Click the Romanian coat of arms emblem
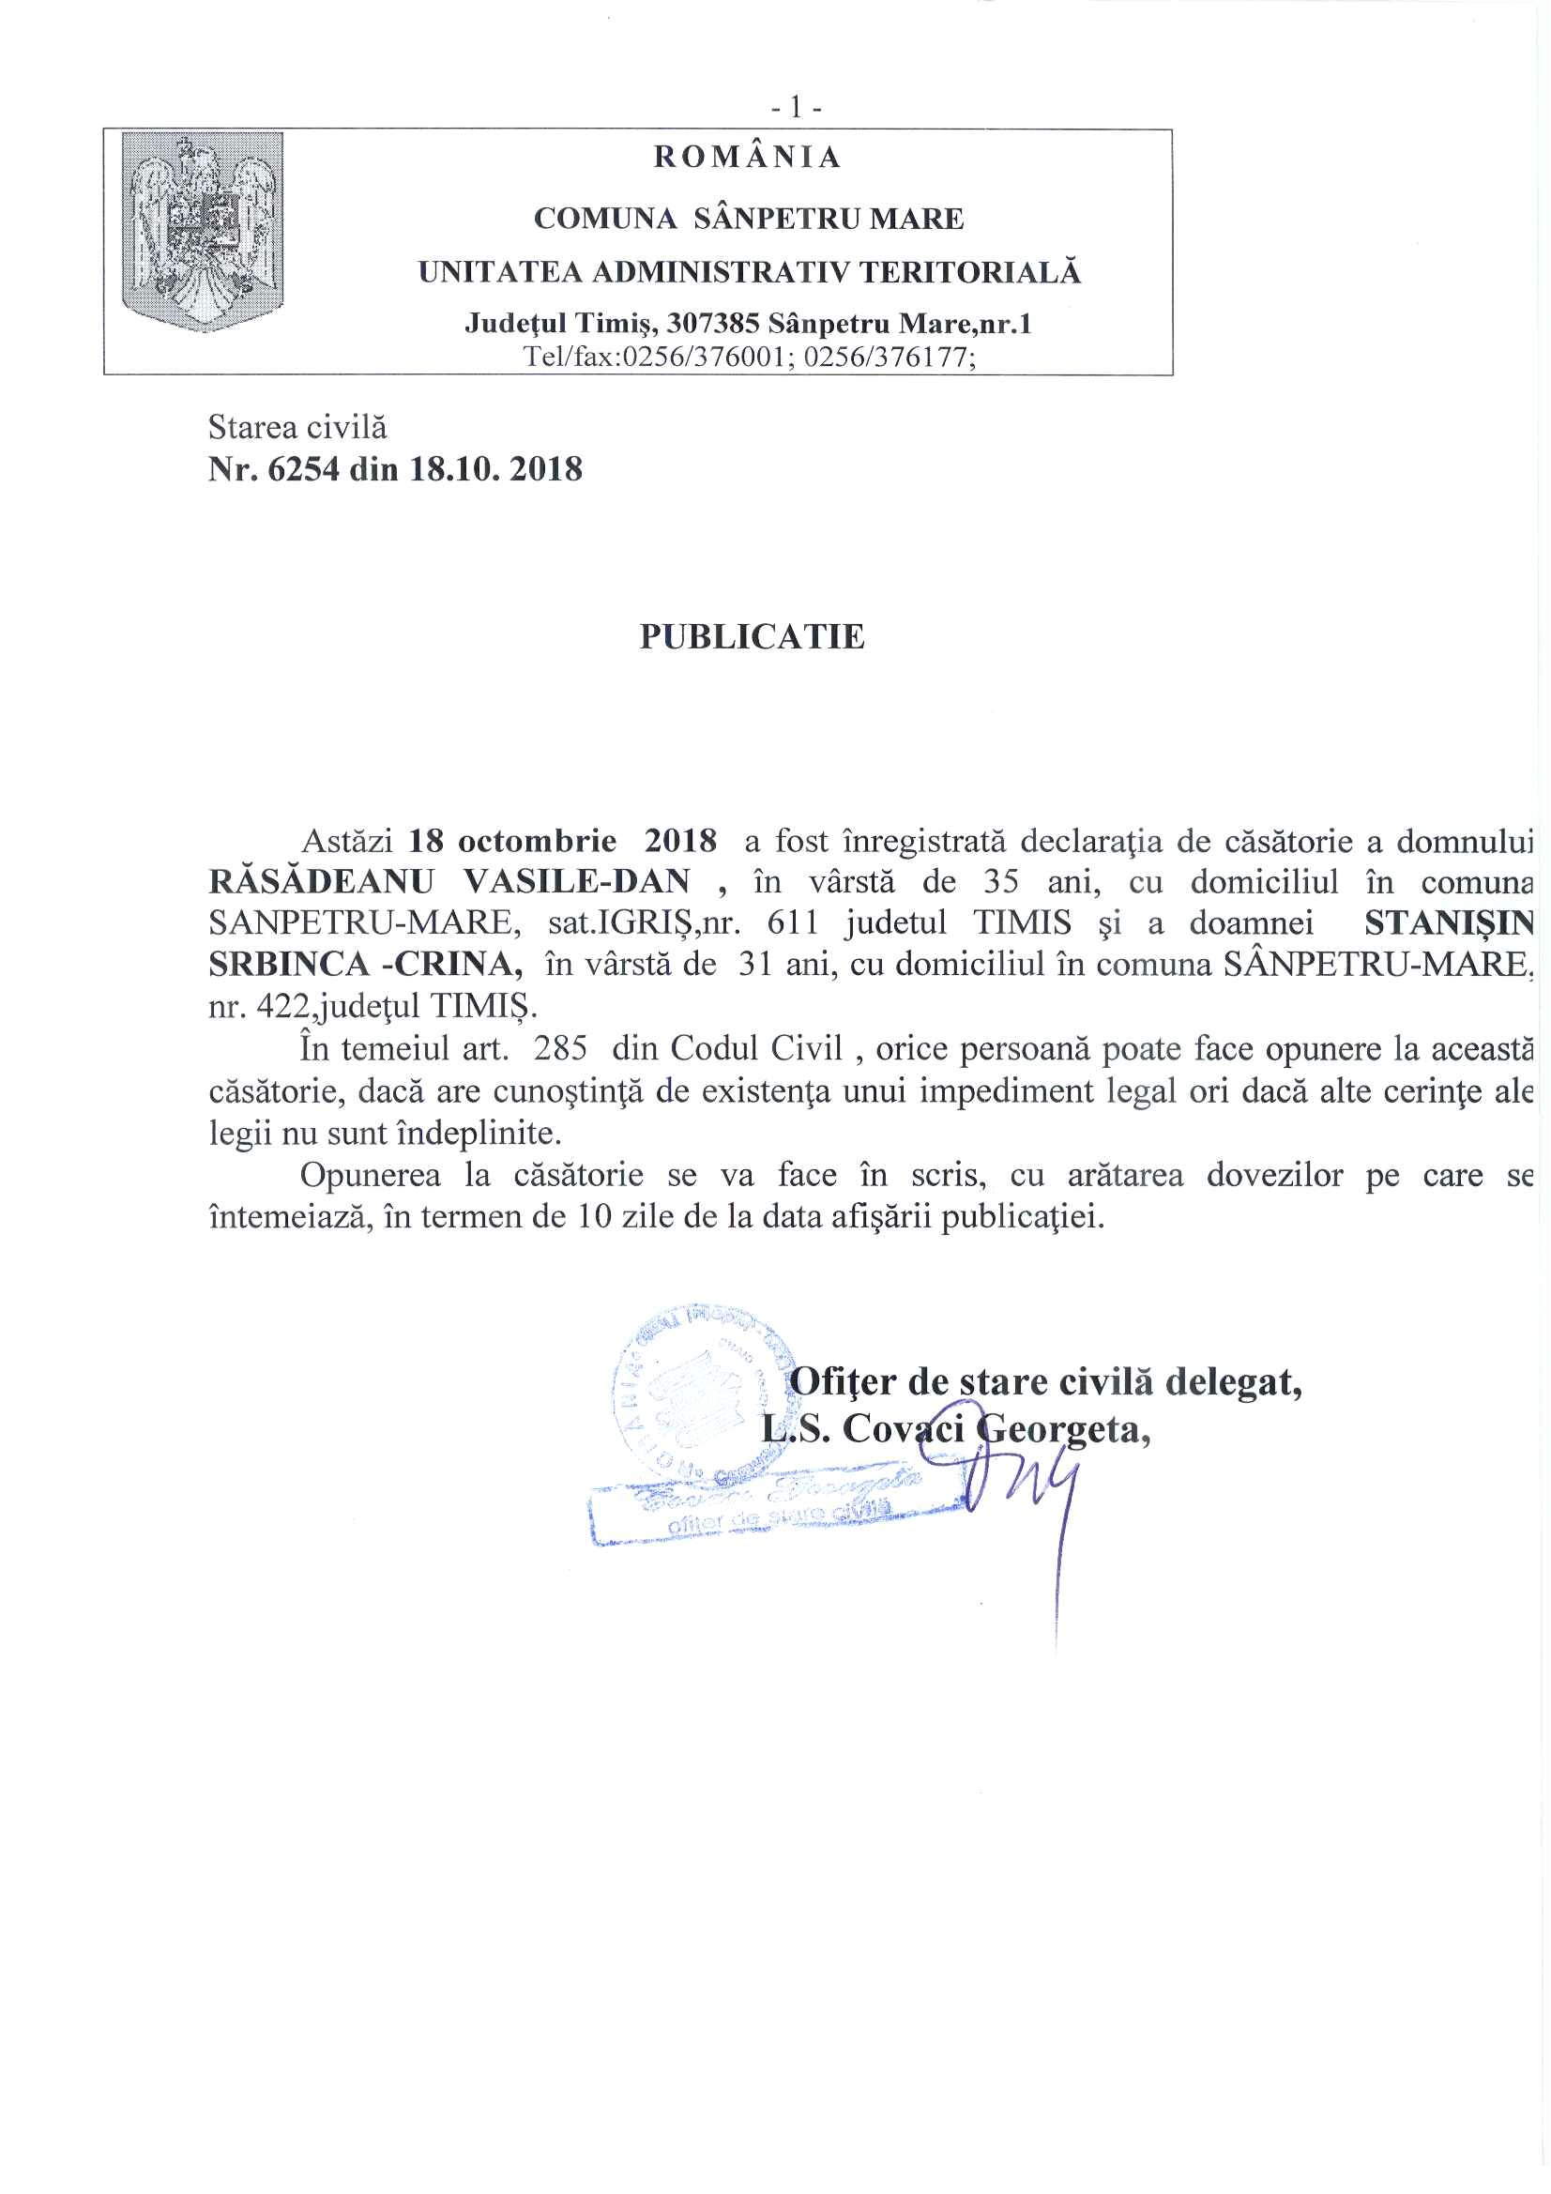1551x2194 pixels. (203, 232)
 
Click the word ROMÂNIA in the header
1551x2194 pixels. (747, 158)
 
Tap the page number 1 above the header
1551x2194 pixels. (796, 109)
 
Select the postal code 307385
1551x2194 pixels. (713, 324)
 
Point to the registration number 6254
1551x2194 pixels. (303, 469)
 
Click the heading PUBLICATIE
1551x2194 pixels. (753, 637)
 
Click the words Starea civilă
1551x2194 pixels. (297, 427)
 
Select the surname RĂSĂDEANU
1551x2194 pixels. (321, 882)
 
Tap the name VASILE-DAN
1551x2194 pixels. (576, 882)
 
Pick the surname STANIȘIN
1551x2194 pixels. (1449, 923)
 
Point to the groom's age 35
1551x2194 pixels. (1000, 882)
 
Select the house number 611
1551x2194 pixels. (793, 923)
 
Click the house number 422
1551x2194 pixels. (276, 1006)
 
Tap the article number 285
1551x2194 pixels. (560, 1048)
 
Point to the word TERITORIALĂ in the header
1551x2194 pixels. (970, 273)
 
